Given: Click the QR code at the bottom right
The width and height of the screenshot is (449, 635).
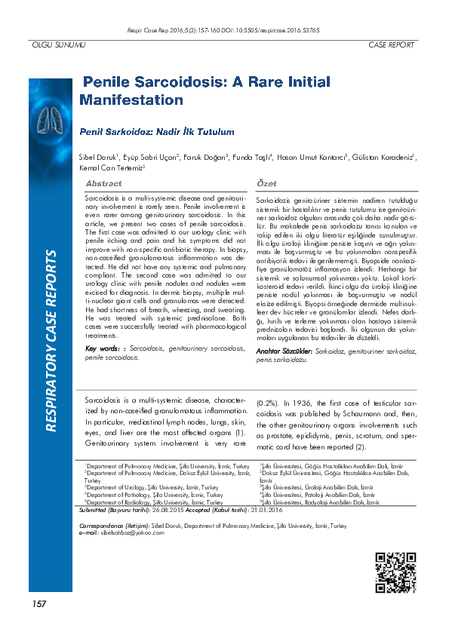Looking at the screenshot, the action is [395, 573].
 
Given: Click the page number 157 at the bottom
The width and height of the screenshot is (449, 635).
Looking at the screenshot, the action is [38, 604].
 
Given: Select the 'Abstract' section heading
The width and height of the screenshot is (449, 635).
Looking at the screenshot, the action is [104, 184].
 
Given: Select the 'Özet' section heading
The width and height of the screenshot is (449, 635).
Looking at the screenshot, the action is [266, 184].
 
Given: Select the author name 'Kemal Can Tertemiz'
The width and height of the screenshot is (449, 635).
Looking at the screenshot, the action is [121, 167].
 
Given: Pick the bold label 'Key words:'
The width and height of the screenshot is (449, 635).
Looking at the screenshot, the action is [103, 348].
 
